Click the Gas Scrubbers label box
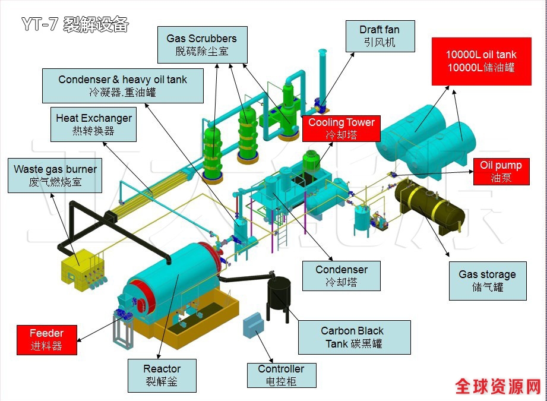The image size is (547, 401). coord(201,45)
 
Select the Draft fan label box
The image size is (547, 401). coord(380,36)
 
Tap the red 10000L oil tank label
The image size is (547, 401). coord(481,61)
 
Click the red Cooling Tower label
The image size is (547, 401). coord(341,128)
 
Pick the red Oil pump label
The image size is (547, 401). coord(501,171)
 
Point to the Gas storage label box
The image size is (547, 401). coord(487,280)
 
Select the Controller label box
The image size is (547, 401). coord(281,375)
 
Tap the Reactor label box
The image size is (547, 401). coord(162,375)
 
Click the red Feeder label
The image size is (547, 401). coord(46,339)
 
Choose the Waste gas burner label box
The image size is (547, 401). coord(55,175)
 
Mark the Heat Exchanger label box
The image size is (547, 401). coord(93,124)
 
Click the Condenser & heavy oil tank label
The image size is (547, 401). coord(122,86)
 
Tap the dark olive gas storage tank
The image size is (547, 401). coord(430,203)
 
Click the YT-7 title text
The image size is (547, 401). coord(75,24)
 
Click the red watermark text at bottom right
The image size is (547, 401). coord(498,386)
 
